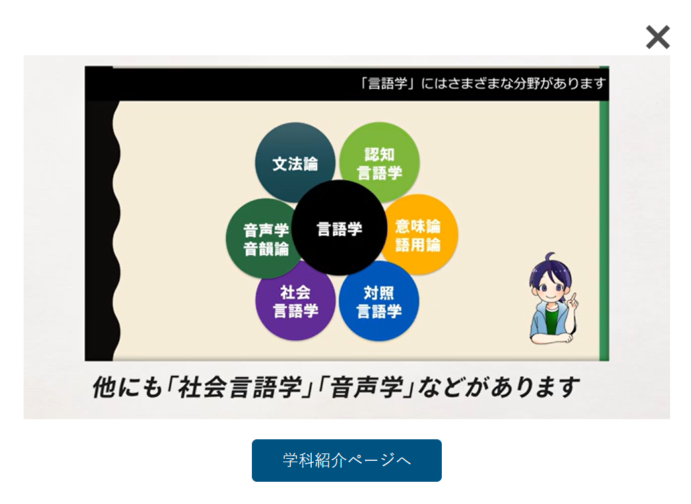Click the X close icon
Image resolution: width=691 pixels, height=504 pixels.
pyautogui.click(x=658, y=37)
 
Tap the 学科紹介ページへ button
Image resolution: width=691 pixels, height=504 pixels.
pyautogui.click(x=346, y=460)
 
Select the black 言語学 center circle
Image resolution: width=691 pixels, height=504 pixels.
pyautogui.click(x=339, y=228)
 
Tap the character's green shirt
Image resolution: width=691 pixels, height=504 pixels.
pyautogui.click(x=552, y=321)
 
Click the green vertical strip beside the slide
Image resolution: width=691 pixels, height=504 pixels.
pyautogui.click(x=604, y=214)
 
